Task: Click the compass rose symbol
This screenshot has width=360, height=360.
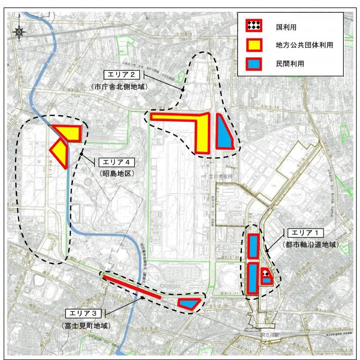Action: [20, 32]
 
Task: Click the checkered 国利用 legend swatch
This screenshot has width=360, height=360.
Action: [253, 25]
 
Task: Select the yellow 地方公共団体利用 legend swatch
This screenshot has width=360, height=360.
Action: [253, 44]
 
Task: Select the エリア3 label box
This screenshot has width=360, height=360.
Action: [87, 312]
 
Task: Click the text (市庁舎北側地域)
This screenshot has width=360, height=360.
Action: [120, 87]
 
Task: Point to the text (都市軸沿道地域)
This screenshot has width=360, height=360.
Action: [310, 245]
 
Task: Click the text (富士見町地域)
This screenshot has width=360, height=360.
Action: [87, 325]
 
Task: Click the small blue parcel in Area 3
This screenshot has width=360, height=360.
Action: [189, 303]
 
